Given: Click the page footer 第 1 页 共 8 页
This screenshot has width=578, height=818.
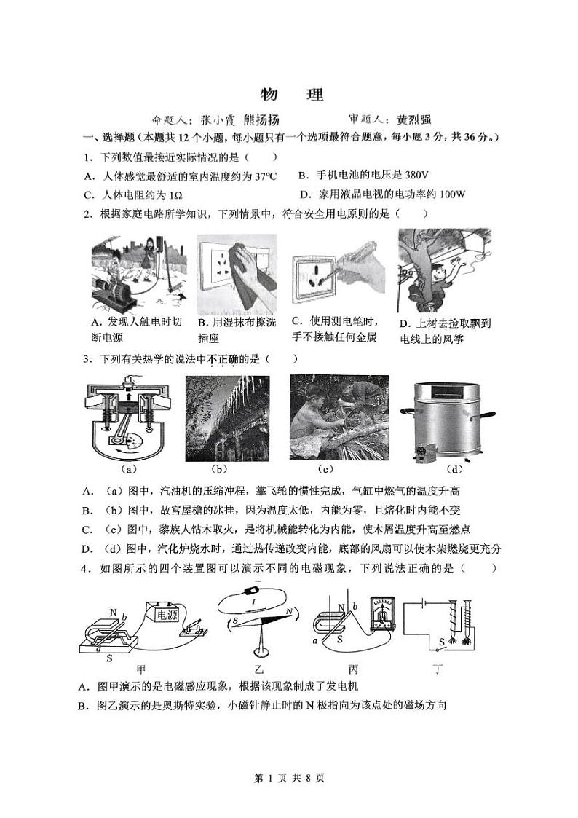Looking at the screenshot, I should click(289, 778).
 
